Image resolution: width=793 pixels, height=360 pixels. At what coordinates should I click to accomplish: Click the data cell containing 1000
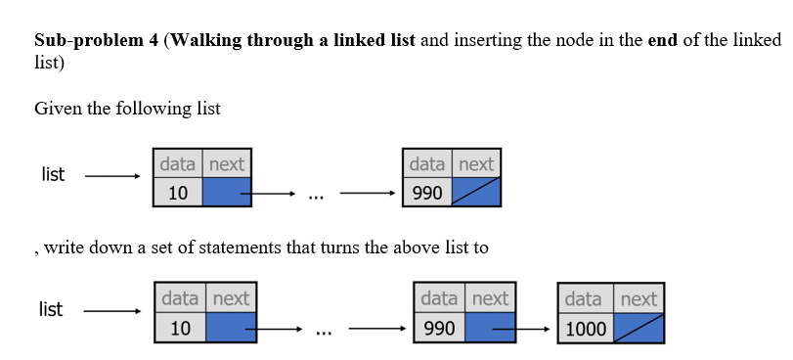(x=586, y=329)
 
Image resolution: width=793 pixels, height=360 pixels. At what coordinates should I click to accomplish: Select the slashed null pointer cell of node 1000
(x=639, y=329)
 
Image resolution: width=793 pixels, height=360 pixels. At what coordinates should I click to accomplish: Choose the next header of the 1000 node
(x=639, y=299)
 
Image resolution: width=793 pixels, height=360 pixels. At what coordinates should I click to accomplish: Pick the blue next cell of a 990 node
(x=489, y=329)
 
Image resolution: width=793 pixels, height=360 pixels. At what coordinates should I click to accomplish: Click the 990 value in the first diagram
(x=427, y=193)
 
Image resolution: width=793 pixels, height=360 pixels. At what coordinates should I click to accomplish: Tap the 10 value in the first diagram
(x=178, y=193)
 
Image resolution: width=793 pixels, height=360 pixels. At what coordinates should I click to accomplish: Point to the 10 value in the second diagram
(x=181, y=329)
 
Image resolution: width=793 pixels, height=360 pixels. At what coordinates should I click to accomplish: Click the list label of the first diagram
(x=53, y=174)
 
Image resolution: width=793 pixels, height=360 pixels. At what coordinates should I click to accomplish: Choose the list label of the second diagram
(x=50, y=309)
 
